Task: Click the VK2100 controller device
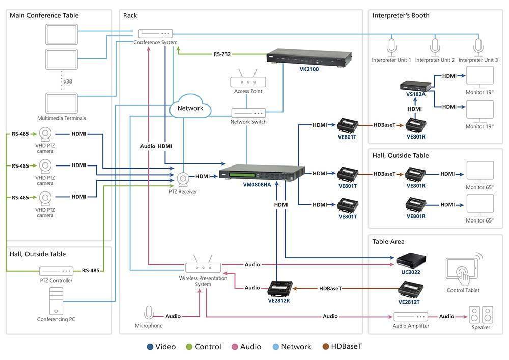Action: coord(309,58)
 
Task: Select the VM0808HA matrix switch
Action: coord(262,173)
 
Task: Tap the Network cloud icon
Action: coord(190,106)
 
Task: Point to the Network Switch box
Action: coord(248,113)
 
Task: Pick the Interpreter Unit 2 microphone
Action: coord(435,47)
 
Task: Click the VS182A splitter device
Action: coord(415,86)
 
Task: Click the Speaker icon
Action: coord(481,314)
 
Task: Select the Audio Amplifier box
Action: coord(411,316)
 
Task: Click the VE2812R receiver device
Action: coord(279,289)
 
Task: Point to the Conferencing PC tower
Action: coord(56,301)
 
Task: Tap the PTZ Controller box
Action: coord(56,271)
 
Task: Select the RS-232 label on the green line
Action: coord(222,54)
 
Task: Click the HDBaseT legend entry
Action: coord(342,347)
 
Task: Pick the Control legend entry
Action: coord(204,347)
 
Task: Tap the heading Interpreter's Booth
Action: coord(401,15)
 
